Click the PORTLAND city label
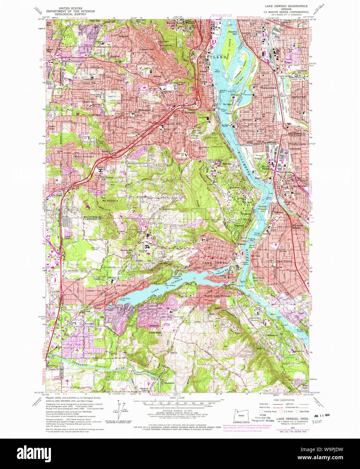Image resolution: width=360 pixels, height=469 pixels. (213, 57)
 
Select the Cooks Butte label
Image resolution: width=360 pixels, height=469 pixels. (155, 332)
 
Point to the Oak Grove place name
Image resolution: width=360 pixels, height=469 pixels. (284, 261)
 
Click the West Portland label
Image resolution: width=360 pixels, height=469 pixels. (84, 157)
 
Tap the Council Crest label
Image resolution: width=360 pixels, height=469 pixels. (147, 50)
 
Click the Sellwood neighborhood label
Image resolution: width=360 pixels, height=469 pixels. (247, 120)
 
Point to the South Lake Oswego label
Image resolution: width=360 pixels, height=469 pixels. (218, 296)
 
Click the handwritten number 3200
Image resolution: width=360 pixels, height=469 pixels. (316, 421)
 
